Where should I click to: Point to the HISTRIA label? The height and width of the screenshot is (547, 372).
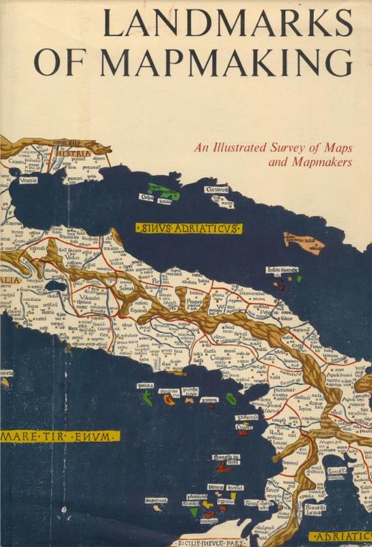[x=75, y=155]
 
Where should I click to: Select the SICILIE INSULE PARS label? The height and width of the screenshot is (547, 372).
[x=220, y=542]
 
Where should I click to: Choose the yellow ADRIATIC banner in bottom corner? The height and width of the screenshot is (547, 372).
[x=341, y=537]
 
